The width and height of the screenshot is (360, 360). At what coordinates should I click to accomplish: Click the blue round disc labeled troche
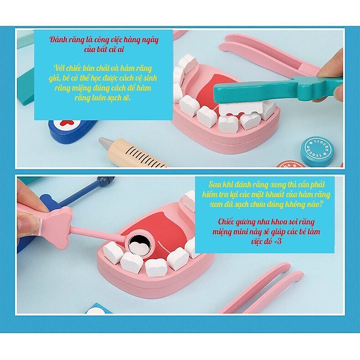317,151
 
